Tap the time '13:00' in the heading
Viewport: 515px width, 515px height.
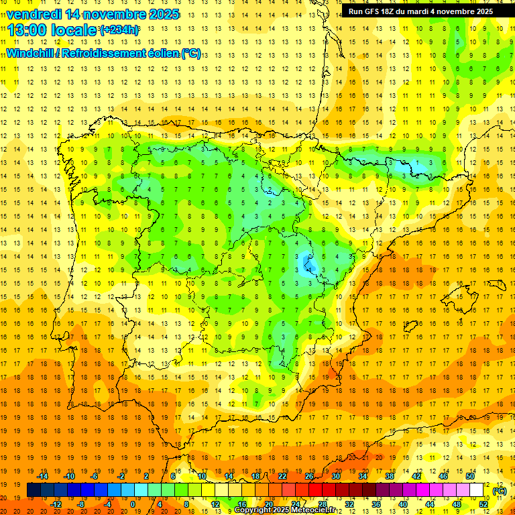(27, 30)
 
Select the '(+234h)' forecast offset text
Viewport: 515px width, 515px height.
(119, 30)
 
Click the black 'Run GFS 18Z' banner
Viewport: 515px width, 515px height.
(420, 11)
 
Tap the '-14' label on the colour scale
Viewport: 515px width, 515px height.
(44, 476)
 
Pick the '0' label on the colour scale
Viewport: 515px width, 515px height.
(133, 504)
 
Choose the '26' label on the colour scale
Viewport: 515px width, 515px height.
(309, 476)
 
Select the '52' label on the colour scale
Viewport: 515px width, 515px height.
(483, 504)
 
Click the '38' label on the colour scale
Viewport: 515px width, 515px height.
(389, 476)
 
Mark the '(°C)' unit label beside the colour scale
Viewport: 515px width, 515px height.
(500, 491)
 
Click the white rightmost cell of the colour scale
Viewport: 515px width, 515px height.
(476, 490)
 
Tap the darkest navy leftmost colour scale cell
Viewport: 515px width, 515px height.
(34, 490)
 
